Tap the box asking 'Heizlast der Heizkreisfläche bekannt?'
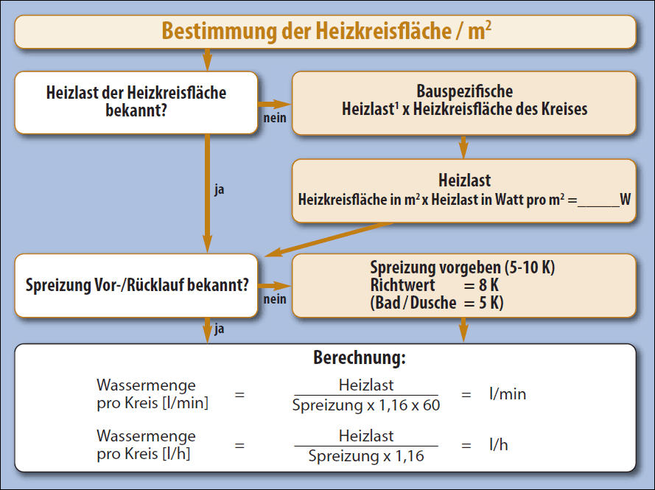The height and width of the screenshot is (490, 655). (x=136, y=102)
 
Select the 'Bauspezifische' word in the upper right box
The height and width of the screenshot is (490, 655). (x=464, y=91)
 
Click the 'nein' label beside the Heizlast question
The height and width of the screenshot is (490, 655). (x=275, y=118)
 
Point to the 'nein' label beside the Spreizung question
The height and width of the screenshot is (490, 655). (x=275, y=299)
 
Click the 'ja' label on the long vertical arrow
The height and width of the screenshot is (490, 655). (x=220, y=189)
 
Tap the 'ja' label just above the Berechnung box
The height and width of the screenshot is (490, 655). (x=220, y=329)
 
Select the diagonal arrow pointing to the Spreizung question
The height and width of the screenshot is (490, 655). (x=329, y=239)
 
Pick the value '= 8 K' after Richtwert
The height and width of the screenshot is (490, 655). (x=481, y=285)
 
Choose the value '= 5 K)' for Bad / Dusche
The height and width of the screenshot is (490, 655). (x=483, y=303)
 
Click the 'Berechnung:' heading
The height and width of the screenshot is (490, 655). (x=360, y=358)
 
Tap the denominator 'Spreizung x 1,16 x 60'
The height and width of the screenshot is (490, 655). (x=366, y=405)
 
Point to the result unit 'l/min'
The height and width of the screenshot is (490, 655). (x=508, y=394)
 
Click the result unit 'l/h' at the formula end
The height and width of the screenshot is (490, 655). (x=498, y=445)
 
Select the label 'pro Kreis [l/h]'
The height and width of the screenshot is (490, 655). (x=143, y=454)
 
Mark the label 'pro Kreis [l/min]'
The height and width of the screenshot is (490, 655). (x=153, y=404)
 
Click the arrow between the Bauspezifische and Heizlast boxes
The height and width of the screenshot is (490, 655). (x=463, y=147)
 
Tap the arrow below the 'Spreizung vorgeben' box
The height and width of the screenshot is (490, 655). (x=463, y=330)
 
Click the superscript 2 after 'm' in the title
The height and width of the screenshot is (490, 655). (x=488, y=25)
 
